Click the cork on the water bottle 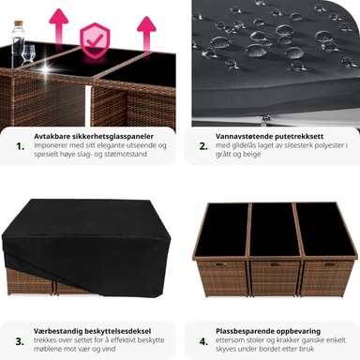tap(20, 23)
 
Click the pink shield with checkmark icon tap(95, 40)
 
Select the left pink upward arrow tap(58, 27)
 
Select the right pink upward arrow tap(146, 34)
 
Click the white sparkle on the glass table tap(48, 68)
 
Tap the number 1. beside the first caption tap(21, 146)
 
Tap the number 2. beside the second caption tap(203, 146)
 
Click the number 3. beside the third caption tap(20, 341)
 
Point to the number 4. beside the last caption tap(203, 341)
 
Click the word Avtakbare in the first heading tap(52, 136)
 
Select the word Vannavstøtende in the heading tap(245, 136)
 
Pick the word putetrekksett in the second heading tap(299, 137)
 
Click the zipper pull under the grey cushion tap(266, 118)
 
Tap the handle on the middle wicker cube tap(276, 264)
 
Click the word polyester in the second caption tap(328, 145)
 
